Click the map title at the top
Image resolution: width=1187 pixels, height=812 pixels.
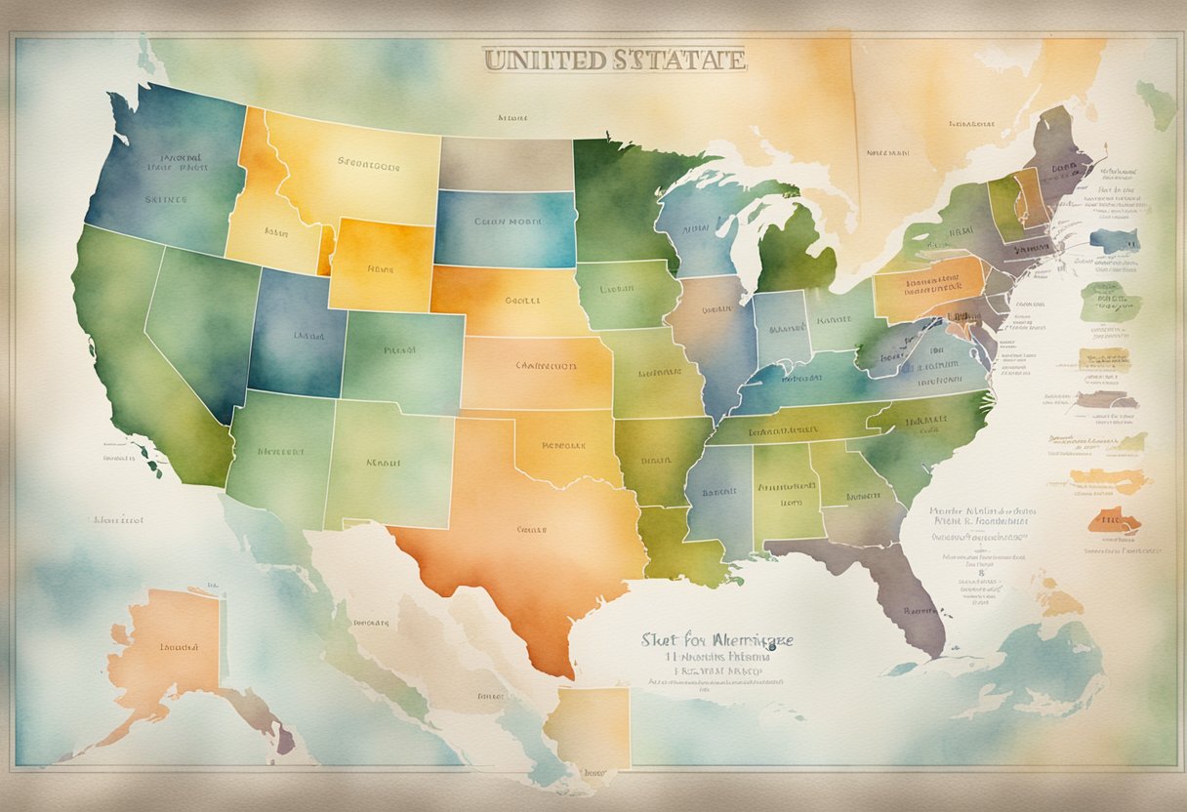614,60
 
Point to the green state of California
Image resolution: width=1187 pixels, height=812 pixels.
127,342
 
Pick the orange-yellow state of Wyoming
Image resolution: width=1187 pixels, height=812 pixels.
381,264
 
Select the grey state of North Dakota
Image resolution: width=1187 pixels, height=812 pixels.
505,163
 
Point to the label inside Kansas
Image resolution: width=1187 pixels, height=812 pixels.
546,367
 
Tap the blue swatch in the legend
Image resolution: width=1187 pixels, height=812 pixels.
1114,239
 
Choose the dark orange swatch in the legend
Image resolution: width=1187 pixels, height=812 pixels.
1114,521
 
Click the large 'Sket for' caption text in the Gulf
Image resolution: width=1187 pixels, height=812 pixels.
716,640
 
